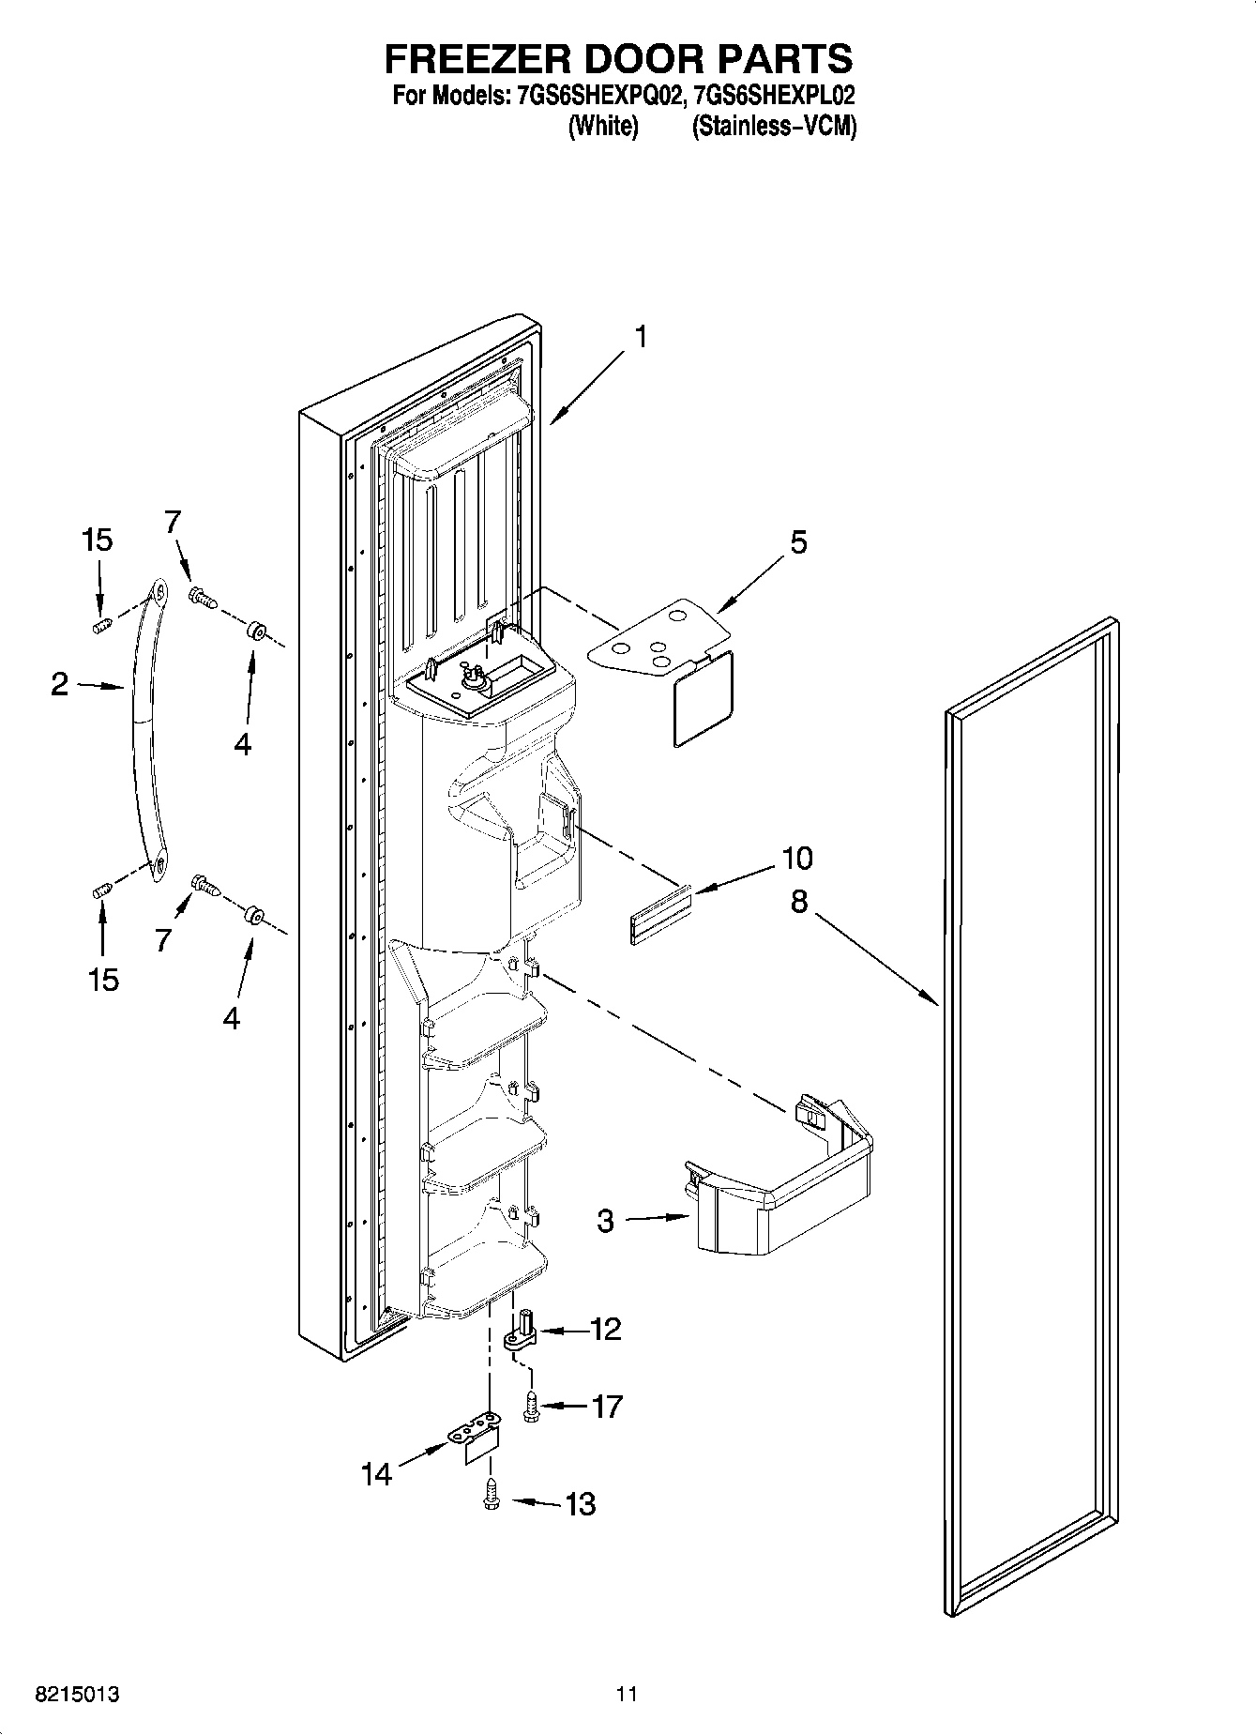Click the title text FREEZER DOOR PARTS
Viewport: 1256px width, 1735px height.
tap(618, 58)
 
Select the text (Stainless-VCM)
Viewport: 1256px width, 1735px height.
tap(774, 128)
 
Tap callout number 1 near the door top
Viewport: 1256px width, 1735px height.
tap(641, 337)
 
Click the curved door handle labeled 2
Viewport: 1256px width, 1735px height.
tap(142, 732)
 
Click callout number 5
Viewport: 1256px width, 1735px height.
tap(797, 542)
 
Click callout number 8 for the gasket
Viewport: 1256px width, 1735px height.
tap(798, 902)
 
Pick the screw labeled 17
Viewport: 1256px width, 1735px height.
tap(531, 1407)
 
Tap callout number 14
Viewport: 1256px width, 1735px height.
tap(376, 1474)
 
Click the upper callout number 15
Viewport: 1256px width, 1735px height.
tap(97, 540)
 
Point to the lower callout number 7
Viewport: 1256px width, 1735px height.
tap(163, 938)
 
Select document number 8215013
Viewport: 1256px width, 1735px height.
tap(77, 1694)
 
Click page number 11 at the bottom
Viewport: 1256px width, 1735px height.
tap(627, 1694)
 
